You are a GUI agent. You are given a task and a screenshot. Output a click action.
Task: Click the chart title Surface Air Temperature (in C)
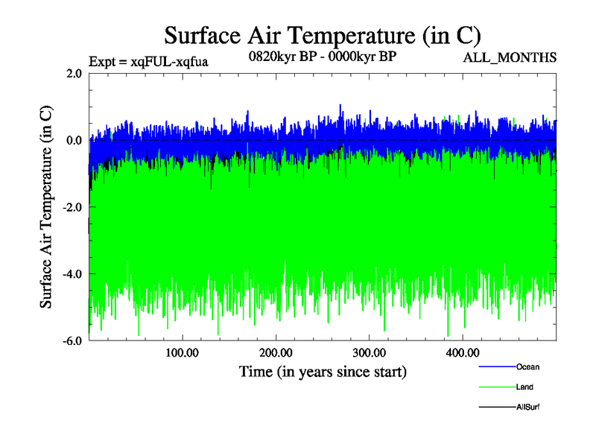(322, 35)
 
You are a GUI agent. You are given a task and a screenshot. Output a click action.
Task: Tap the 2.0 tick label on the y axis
(74, 73)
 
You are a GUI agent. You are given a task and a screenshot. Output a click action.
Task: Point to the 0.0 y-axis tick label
(74, 140)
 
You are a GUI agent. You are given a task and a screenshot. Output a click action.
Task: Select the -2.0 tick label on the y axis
(72, 207)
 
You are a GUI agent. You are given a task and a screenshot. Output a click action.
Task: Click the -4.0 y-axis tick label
(72, 274)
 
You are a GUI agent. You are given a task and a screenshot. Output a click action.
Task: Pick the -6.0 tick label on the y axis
(72, 341)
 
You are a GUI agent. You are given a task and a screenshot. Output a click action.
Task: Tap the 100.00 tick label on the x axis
(183, 352)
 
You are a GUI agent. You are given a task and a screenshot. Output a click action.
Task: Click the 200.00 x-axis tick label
(276, 352)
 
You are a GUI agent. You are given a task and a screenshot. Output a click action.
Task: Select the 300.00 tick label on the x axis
(369, 352)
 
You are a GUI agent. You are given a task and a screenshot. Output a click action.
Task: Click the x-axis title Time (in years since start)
(323, 370)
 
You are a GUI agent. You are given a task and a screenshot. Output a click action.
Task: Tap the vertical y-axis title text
(46, 207)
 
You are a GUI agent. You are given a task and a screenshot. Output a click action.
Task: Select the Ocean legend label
(527, 367)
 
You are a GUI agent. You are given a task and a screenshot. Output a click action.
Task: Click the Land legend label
(524, 387)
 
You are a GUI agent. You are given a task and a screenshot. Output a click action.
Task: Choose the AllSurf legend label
(527, 408)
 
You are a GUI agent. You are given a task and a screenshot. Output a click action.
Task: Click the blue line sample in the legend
(495, 367)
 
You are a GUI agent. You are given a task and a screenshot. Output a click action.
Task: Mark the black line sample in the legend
(495, 408)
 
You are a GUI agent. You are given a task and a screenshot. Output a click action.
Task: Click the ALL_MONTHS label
(510, 58)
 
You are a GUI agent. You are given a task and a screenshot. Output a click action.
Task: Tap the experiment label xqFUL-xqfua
(148, 62)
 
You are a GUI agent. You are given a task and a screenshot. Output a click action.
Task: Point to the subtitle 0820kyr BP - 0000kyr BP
(322, 56)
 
